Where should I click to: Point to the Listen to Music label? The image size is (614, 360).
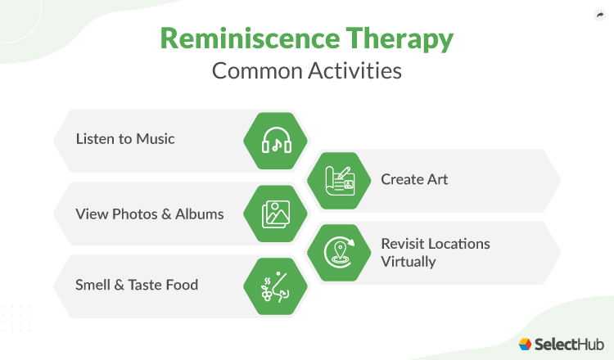[125, 139]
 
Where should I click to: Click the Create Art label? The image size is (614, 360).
[414, 179]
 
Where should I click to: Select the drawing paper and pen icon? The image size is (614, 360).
[339, 180]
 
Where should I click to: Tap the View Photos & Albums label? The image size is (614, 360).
[149, 214]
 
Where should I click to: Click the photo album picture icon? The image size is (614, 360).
[276, 214]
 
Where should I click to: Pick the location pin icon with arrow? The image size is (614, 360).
[339, 251]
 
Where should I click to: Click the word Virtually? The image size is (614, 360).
[408, 262]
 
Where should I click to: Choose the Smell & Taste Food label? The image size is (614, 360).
[137, 286]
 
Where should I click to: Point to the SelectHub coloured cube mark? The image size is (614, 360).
[526, 344]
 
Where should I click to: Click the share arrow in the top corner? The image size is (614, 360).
[599, 15]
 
